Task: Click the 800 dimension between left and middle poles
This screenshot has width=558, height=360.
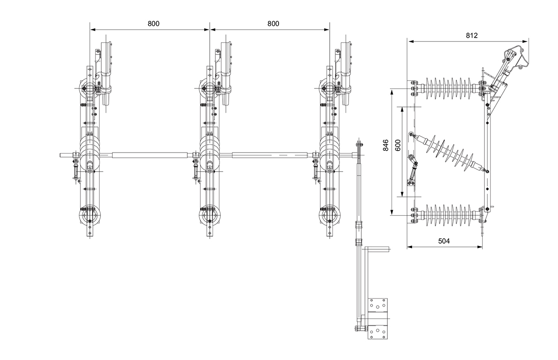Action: [150, 24]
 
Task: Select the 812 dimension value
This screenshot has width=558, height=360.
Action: [472, 35]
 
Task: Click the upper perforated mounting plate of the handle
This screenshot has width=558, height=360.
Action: [378, 306]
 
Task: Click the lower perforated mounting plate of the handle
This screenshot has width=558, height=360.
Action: [378, 332]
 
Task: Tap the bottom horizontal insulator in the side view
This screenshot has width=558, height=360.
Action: [448, 215]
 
